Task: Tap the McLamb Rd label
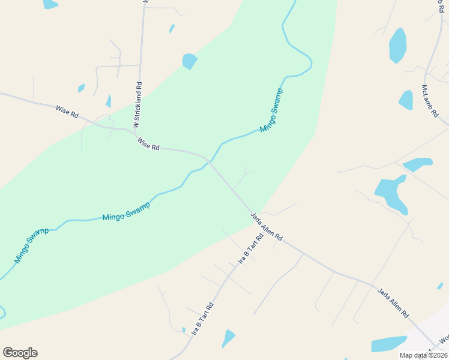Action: tap(430, 101)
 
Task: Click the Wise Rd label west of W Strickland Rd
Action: tap(67, 111)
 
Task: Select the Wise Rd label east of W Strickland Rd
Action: tap(148, 144)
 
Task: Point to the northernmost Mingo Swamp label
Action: tap(271, 110)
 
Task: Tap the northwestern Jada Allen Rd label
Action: tap(267, 227)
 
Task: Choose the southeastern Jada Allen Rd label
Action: tap(393, 303)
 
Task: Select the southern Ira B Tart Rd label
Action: tap(202, 319)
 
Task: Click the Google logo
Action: tap(20, 353)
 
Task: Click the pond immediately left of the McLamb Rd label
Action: tap(406, 100)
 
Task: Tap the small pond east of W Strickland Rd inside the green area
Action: tap(190, 61)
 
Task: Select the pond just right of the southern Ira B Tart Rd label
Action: tap(228, 338)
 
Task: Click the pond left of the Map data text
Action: tap(388, 344)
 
